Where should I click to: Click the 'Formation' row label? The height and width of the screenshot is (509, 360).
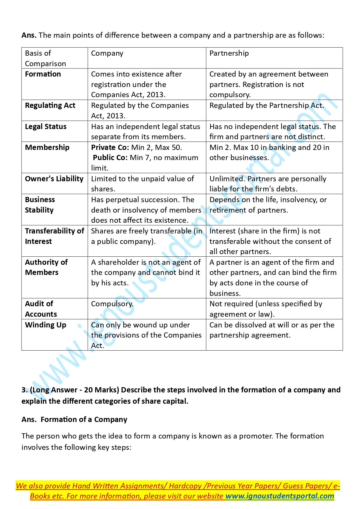coord(43,74)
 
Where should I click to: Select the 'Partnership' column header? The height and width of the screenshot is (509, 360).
coord(229,53)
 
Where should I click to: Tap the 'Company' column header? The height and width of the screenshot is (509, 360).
coord(107,53)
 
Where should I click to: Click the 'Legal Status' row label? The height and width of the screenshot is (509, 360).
coord(46,127)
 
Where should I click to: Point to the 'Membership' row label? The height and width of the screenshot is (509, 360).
coord(47,148)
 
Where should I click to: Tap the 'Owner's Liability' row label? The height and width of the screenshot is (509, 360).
coord(54,179)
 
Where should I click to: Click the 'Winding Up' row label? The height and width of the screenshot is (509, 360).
coord(46,325)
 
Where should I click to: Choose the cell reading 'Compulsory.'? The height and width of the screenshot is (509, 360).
coord(112,304)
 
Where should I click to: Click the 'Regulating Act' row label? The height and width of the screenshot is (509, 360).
coord(50,106)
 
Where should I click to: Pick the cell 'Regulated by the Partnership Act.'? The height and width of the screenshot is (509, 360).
coord(267,106)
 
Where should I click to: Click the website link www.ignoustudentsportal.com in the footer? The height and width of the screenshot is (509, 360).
coord(280,496)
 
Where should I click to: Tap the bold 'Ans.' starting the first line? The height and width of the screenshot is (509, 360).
coord(29,35)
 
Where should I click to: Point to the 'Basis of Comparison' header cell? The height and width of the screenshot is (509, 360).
coord(45,58)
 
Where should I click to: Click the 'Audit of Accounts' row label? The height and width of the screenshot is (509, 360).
coord(41,309)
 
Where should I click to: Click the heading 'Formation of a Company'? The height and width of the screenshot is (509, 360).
coord(84,420)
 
